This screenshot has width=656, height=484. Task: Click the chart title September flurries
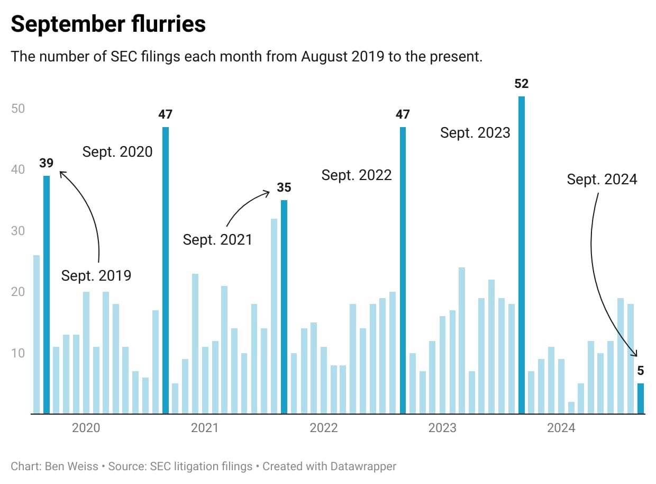tap(108, 24)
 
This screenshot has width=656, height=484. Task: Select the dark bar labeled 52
tap(522, 254)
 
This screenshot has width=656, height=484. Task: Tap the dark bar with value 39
tap(47, 294)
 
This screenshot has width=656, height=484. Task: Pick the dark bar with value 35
tap(284, 307)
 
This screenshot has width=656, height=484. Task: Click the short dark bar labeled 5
tap(641, 398)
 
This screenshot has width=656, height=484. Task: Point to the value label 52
tap(522, 84)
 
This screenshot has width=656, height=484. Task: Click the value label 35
tap(284, 187)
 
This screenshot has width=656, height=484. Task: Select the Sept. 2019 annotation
tap(96, 276)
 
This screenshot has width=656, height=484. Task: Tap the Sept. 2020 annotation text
tap(117, 152)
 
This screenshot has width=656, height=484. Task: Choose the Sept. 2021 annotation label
tap(217, 239)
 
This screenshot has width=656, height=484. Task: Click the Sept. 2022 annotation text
tap(357, 175)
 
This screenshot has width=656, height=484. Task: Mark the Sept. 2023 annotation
tap(475, 132)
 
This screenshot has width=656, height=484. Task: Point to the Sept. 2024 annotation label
tap(602, 180)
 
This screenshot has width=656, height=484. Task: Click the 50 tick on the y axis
tap(19, 109)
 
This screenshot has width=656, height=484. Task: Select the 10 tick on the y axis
tap(19, 353)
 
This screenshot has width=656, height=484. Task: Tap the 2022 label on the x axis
tap(324, 428)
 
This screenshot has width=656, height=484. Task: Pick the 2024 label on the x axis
tap(561, 428)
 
